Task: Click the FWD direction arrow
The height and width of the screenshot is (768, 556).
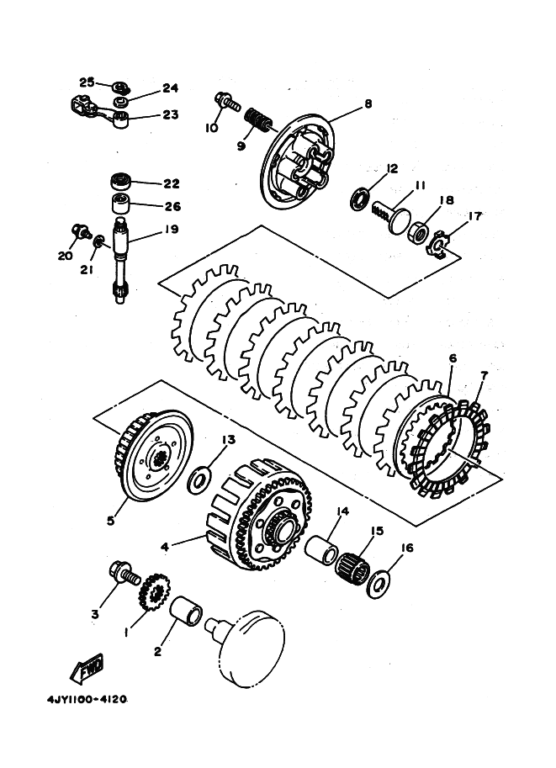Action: pos(87,668)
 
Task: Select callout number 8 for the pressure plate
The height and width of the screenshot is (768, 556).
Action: pos(368,103)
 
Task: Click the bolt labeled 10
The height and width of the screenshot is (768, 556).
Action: pos(227,102)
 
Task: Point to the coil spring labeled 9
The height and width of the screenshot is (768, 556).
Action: pos(258,121)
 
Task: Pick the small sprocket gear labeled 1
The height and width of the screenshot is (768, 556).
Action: pos(154,593)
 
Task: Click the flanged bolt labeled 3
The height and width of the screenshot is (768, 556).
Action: pos(124,573)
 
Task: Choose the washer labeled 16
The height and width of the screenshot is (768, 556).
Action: pos(379,583)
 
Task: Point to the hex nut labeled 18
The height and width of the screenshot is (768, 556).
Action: pos(417,230)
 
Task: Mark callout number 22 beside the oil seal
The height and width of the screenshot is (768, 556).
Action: pos(172,183)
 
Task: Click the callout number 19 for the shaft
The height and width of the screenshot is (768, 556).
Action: pos(171,230)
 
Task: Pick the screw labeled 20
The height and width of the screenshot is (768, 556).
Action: pos(81,231)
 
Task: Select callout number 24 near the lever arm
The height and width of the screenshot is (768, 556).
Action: pos(170,88)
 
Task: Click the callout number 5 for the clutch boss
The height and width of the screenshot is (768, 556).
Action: pos(111,520)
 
